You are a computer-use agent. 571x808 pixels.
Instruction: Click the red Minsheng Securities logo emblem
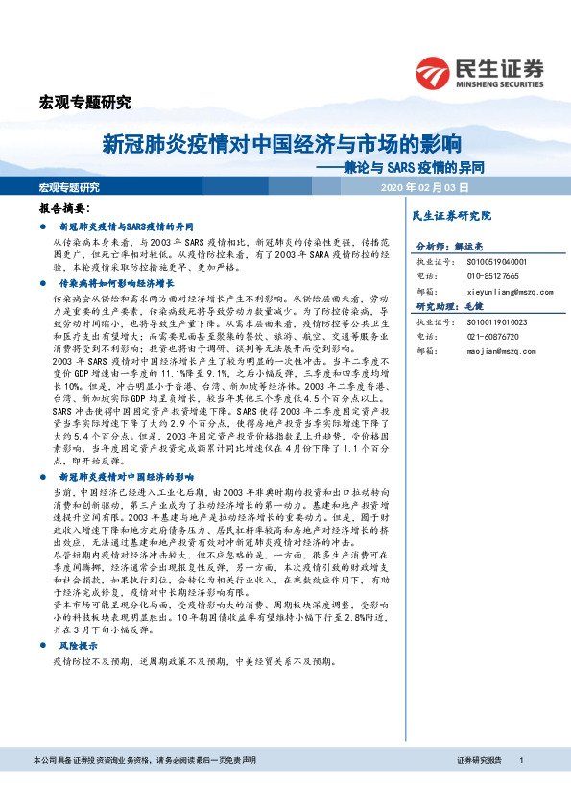pos(432,70)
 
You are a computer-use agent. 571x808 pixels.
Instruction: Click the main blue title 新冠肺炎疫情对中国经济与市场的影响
pos(282,146)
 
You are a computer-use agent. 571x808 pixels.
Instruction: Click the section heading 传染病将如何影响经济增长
pos(117,285)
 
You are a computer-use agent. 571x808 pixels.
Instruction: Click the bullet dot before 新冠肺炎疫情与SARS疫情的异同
pos(44,226)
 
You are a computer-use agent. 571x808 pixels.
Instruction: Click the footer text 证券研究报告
pos(480,787)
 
